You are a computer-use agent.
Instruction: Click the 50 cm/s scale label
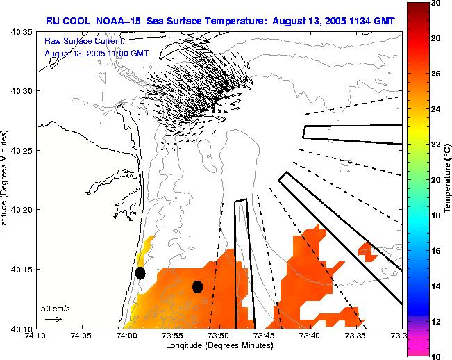tap(56, 308)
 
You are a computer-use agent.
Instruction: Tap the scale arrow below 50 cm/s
tap(53, 319)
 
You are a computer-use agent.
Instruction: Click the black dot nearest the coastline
tap(140, 273)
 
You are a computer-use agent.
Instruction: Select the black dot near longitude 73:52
tap(197, 286)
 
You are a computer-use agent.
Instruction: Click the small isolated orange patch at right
tap(365, 249)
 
